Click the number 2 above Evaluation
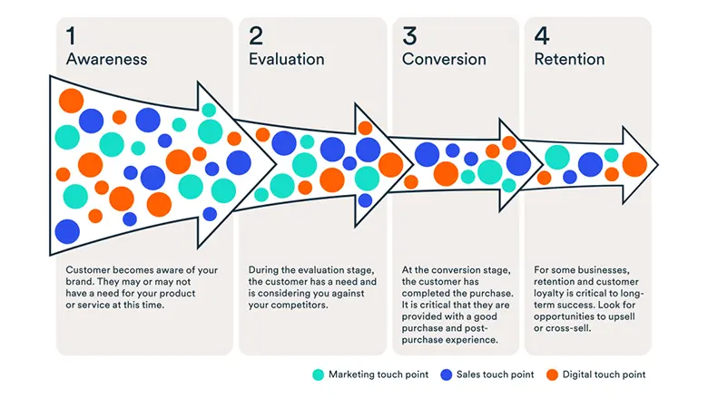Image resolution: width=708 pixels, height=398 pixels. coord(257,35)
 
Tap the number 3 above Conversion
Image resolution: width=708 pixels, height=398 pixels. coord(410,35)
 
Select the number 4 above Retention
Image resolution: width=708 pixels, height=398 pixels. coord(542,35)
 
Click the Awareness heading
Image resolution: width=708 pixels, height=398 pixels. coord(106,59)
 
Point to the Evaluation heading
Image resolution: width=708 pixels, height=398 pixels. coord(286,59)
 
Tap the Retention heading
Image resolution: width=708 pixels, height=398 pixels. coord(569,59)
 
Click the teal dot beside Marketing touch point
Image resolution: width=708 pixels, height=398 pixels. coord(317,374)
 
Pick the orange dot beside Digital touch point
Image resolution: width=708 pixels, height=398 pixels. coord(552,374)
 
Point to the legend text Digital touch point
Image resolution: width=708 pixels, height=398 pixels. coord(603,374)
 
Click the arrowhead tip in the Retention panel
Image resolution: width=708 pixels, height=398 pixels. coord(656,164)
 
